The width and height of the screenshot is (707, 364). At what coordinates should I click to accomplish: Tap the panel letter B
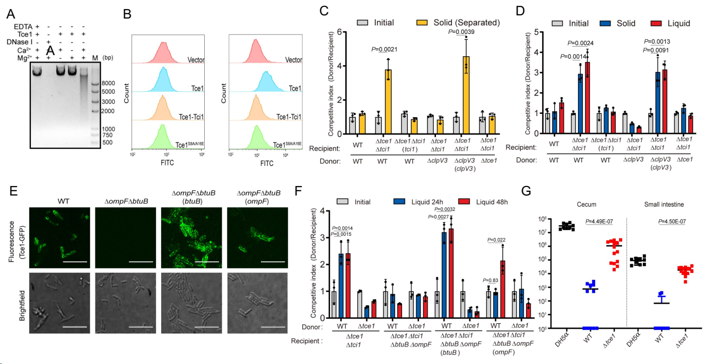point(127,14)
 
